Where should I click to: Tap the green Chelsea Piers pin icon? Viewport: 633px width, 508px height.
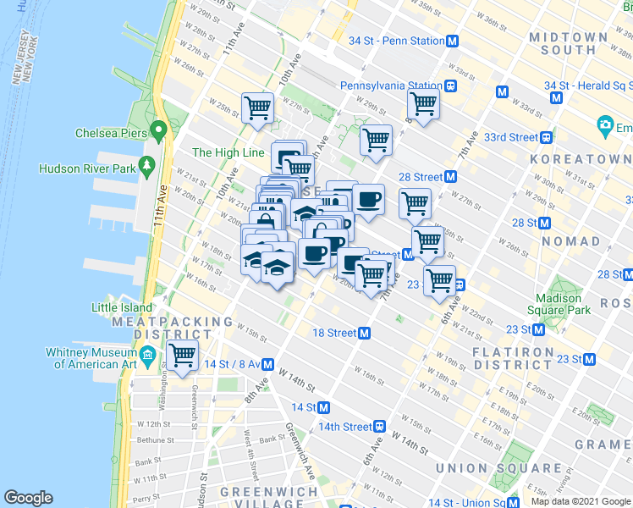click(x=157, y=132)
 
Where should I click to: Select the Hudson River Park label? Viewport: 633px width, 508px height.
click(x=87, y=168)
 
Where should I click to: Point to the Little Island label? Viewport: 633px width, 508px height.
click(x=123, y=307)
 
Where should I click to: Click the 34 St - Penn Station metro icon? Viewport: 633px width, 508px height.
click(x=453, y=41)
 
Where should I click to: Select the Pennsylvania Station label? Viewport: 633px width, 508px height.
click(x=391, y=86)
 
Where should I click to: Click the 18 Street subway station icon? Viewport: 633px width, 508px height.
click(x=365, y=334)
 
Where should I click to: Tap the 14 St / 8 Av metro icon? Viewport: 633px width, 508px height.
click(x=267, y=365)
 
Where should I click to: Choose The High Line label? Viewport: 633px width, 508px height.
click(x=228, y=152)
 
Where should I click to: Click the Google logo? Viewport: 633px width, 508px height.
click(x=28, y=498)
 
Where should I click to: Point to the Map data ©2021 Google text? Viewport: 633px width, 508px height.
click(x=581, y=501)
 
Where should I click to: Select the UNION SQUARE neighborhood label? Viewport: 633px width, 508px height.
click(x=498, y=468)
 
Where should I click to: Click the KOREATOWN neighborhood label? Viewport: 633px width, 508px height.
click(x=581, y=159)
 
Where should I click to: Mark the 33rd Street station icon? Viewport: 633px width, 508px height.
click(x=548, y=137)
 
